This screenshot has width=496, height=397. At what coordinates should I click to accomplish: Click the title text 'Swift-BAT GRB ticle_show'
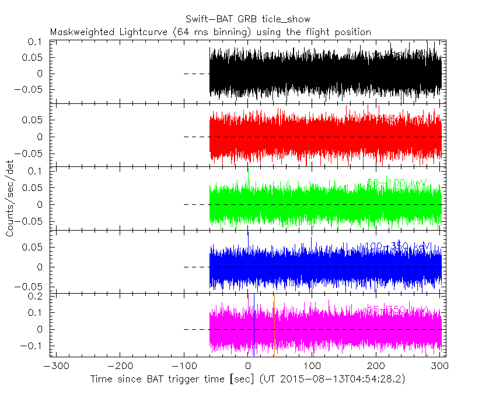(247, 19)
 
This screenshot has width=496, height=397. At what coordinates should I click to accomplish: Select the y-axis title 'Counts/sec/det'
(10, 199)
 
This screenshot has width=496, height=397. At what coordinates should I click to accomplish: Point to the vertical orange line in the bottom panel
(274, 327)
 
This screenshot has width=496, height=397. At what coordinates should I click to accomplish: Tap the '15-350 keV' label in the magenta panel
(397, 310)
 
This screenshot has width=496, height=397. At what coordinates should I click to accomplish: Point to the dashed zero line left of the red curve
(195, 137)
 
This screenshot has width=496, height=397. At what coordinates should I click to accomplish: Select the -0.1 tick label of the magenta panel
(33, 346)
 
